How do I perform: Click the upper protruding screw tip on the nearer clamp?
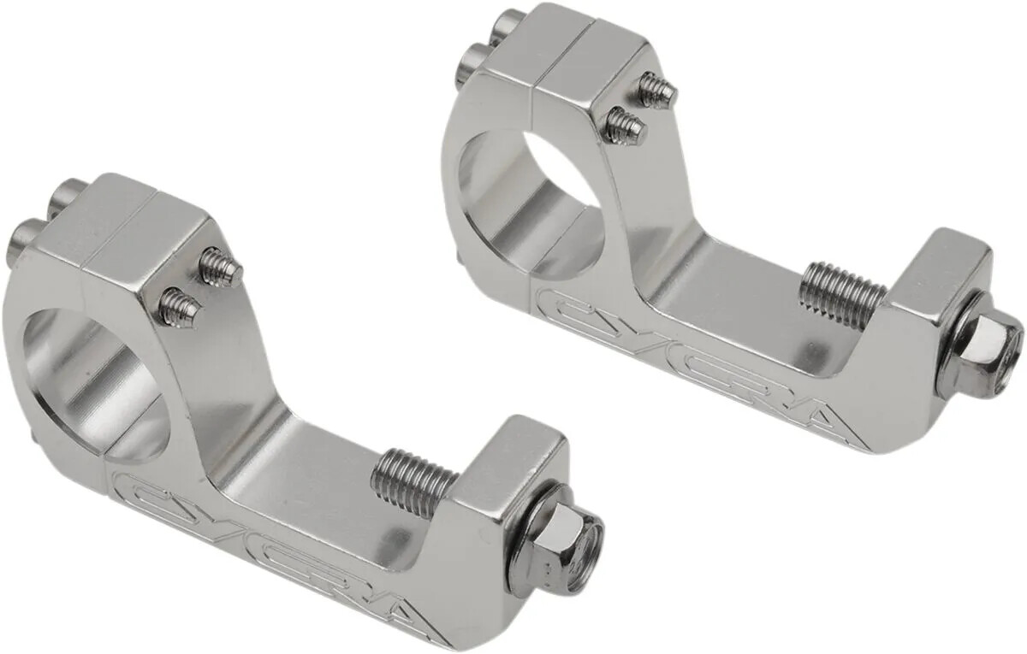220,268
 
